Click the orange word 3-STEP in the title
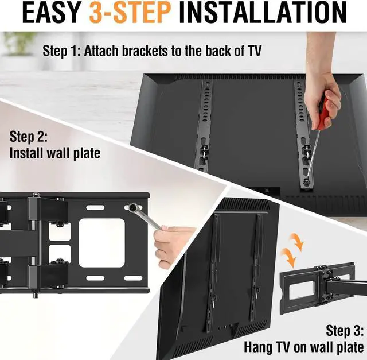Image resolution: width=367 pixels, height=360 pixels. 130,12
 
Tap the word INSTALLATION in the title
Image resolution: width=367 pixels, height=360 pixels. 263,12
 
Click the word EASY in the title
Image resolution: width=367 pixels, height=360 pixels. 52,12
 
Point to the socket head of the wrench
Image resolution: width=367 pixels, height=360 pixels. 132,207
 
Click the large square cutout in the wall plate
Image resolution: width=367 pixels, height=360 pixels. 101,243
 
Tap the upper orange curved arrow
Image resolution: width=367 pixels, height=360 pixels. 297,242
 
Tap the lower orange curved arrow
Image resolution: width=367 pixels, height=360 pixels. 288,257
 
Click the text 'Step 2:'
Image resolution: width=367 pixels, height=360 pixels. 29,137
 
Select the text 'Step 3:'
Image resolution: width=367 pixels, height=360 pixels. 345,331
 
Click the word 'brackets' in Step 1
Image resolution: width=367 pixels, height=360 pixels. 145,51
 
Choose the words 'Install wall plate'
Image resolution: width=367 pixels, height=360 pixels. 55,153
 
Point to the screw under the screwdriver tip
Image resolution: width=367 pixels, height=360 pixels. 306,181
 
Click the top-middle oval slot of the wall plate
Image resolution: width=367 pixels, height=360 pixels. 95,208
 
